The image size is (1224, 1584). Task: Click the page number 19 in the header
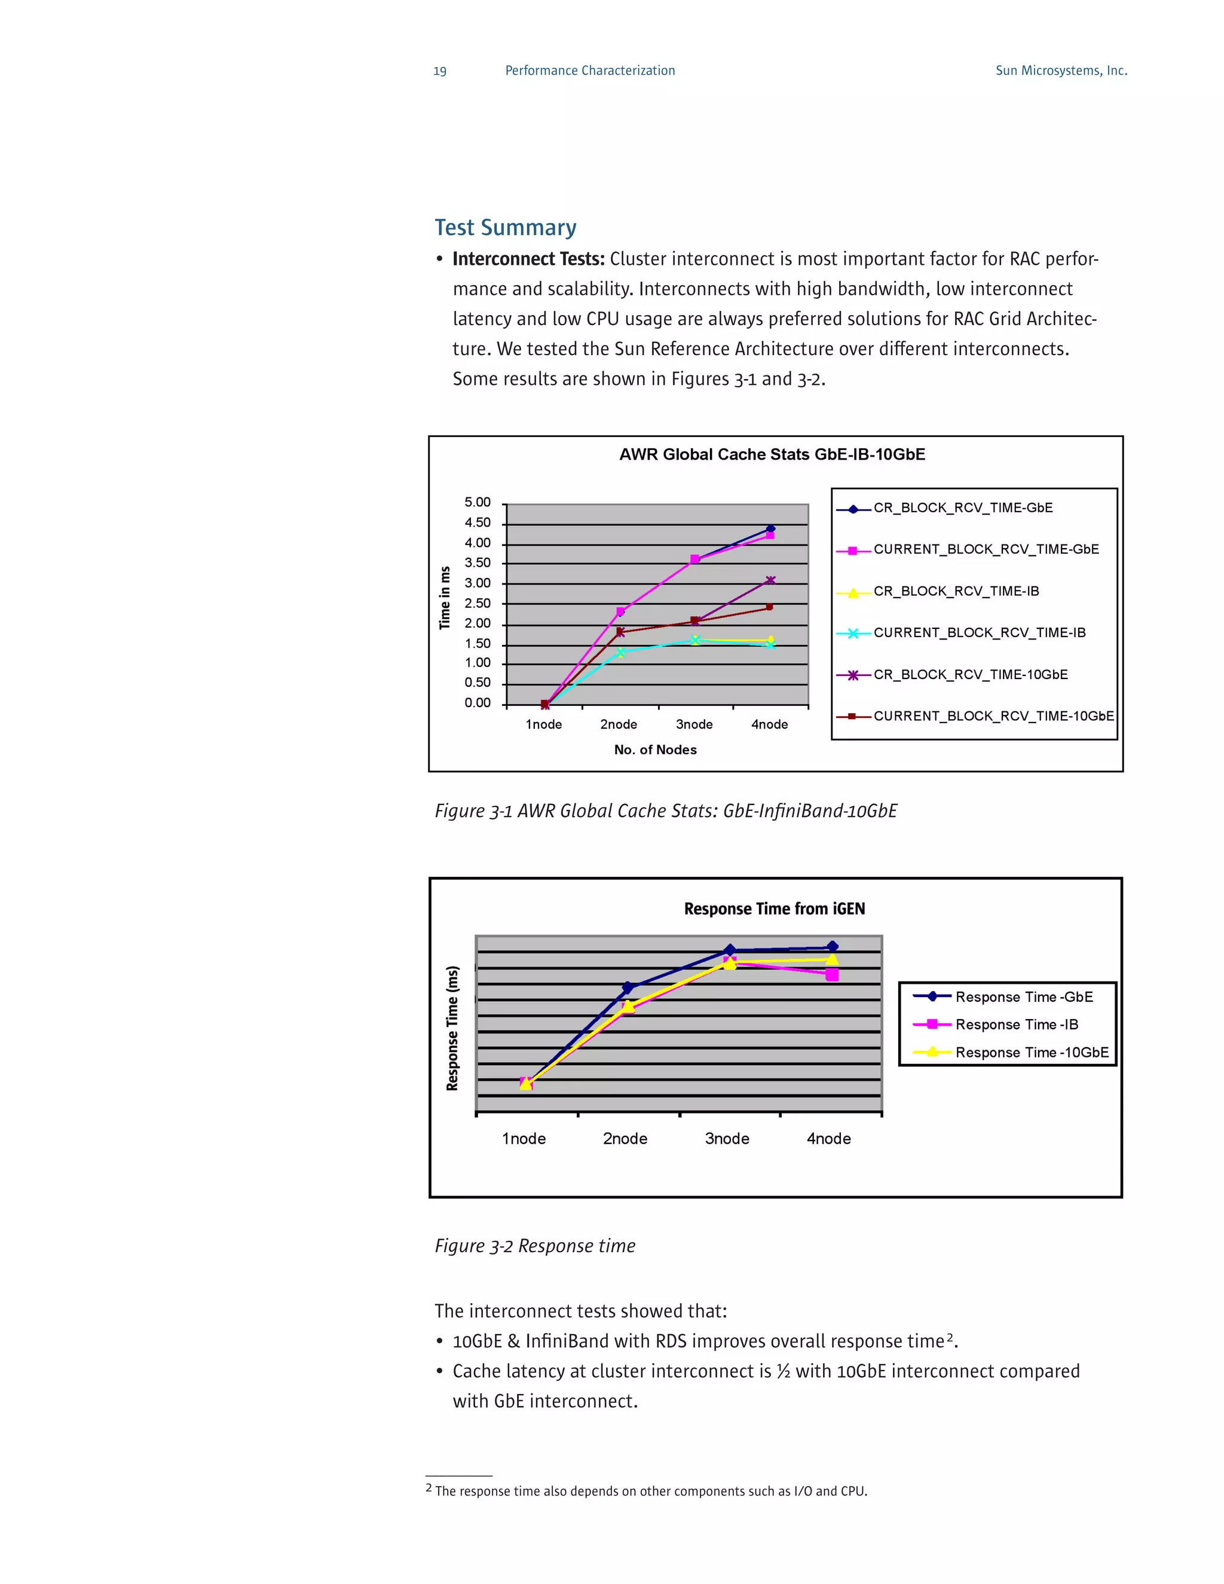[x=439, y=71]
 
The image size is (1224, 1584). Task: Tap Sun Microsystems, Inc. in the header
[x=1060, y=71]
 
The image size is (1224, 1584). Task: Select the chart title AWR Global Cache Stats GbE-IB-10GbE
[x=772, y=455]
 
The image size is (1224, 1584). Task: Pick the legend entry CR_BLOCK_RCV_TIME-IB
[x=955, y=591]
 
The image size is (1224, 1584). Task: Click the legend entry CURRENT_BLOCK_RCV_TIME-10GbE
[x=993, y=716]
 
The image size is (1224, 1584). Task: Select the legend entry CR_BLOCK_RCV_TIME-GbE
[x=962, y=507]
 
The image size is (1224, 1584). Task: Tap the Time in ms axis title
[x=445, y=598]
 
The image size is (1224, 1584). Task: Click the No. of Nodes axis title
[x=655, y=750]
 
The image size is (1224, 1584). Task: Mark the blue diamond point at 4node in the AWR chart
[x=770, y=530]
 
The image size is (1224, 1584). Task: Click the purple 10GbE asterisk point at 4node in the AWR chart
[x=770, y=580]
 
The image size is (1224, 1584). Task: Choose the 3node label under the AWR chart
[x=694, y=724]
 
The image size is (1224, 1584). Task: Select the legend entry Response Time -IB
[x=1016, y=1024]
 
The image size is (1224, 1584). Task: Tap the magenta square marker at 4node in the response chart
[x=832, y=975]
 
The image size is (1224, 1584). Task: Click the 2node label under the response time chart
[x=625, y=1139]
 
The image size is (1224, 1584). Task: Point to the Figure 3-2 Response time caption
[x=534, y=1246]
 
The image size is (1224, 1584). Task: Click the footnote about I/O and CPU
[x=650, y=1491]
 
